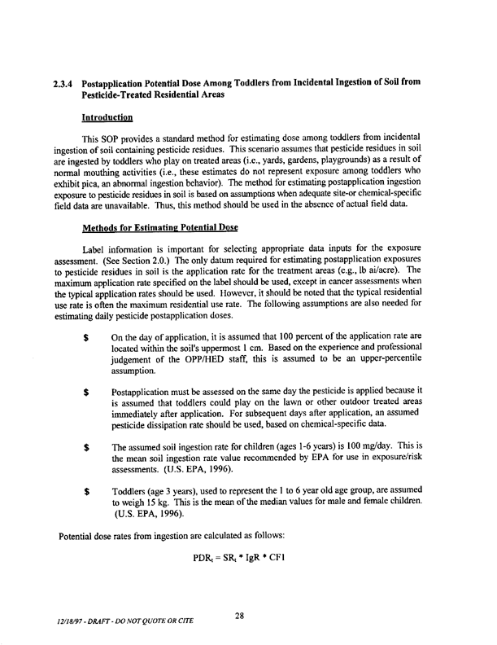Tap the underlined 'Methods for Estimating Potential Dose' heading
(x=155, y=225)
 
